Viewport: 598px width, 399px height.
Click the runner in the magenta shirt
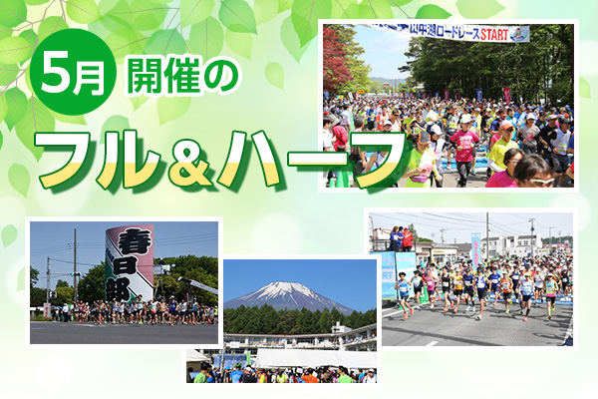point(464,145)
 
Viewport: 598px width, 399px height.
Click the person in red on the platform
point(407,238)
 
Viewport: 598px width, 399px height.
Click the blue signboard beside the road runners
point(388,274)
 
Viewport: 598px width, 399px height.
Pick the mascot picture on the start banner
point(518,34)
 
